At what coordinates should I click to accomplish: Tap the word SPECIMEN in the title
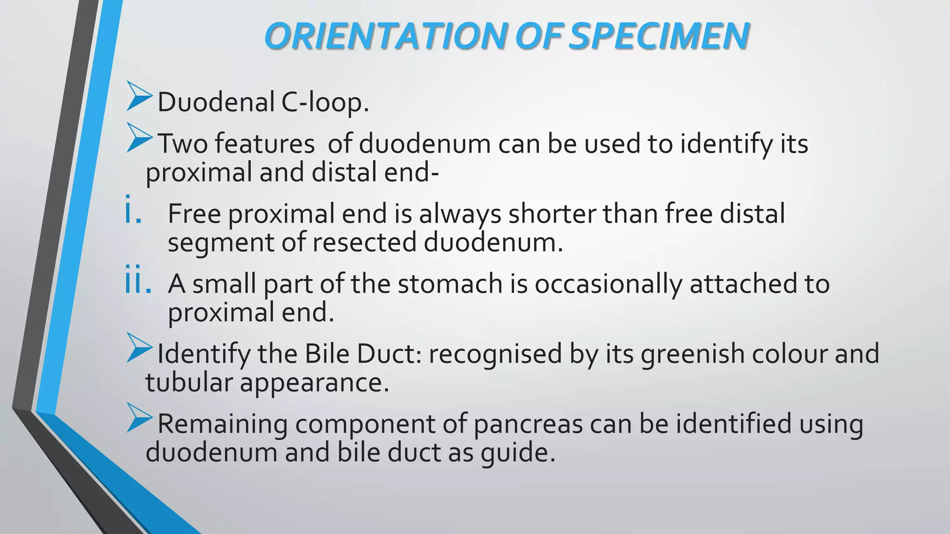(659, 36)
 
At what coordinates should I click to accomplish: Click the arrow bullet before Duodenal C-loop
(139, 96)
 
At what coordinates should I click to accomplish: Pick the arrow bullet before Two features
(139, 138)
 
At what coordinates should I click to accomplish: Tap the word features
(264, 144)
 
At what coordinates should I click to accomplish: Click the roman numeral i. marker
(133, 211)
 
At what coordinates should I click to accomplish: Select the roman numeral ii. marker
(138, 281)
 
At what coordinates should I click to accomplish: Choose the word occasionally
(608, 285)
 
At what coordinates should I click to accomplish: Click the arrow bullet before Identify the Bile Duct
(139, 348)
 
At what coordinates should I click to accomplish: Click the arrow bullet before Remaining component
(139, 418)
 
